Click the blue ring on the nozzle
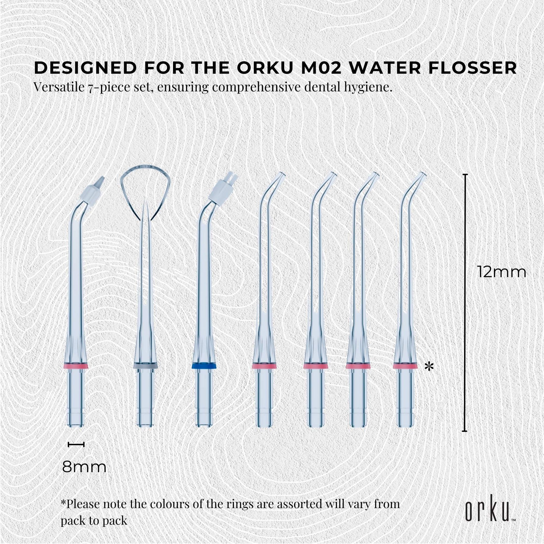pos(204,366)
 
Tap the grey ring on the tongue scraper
pos(145,366)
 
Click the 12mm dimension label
pos(502,272)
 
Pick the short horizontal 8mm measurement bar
pos(76,444)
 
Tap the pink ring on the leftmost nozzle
pos(76,366)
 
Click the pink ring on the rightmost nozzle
pos(405,366)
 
